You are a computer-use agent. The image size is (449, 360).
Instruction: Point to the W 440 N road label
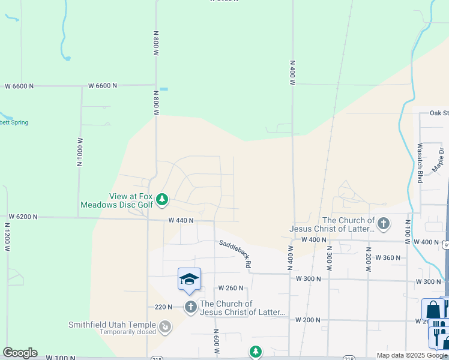tap(181, 220)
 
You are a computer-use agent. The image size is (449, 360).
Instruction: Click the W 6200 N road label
tap(23, 217)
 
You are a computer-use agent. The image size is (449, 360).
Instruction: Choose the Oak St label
tap(439, 113)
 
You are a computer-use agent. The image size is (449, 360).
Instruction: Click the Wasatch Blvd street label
tap(421, 163)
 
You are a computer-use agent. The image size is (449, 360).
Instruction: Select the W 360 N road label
tap(388, 257)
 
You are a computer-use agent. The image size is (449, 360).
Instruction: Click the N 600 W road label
tap(215, 340)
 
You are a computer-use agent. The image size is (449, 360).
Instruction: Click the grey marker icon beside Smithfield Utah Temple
tap(164, 327)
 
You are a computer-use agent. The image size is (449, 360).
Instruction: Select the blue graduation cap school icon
tap(189, 280)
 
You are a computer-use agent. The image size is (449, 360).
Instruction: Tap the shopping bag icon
tap(433, 309)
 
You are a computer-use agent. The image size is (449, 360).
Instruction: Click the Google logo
tap(20, 353)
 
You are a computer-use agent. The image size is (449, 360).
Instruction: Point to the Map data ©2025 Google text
tap(412, 355)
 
